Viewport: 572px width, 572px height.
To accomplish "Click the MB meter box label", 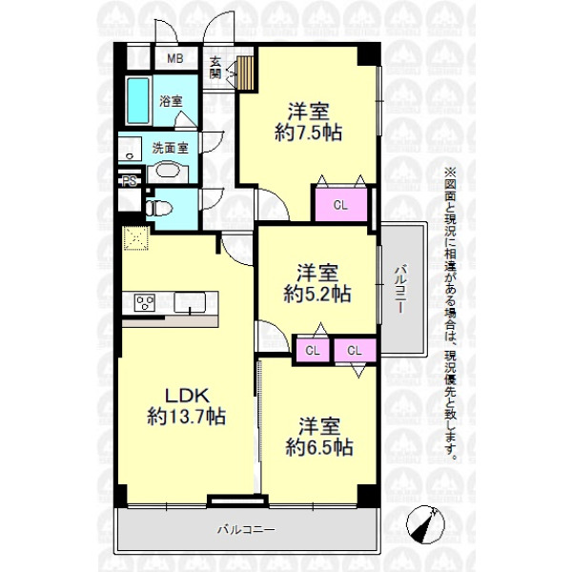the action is (174, 58).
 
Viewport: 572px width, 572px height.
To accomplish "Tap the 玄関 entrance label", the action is (215, 69).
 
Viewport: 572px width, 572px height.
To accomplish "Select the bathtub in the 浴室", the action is (138, 101).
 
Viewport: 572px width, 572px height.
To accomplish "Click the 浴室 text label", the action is (171, 101).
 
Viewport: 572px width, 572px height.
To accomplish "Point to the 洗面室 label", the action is (170, 148).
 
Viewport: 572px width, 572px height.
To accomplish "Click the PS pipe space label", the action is (129, 181).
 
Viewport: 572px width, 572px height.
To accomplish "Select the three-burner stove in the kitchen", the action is (145, 302).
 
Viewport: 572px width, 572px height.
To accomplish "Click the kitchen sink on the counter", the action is (190, 302).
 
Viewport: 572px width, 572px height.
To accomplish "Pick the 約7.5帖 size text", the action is (309, 133).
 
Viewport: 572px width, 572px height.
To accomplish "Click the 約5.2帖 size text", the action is (317, 294).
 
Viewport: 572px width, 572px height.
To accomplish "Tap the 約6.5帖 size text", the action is (319, 447).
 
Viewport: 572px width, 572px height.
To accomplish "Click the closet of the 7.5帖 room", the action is (341, 205).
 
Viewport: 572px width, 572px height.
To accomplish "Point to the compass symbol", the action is (425, 525).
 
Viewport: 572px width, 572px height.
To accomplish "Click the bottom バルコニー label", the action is (246, 529).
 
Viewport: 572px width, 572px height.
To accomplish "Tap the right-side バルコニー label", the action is (400, 289).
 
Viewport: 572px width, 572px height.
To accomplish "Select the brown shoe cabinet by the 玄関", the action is (245, 72).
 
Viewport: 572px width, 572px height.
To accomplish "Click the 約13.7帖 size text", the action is (187, 417).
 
